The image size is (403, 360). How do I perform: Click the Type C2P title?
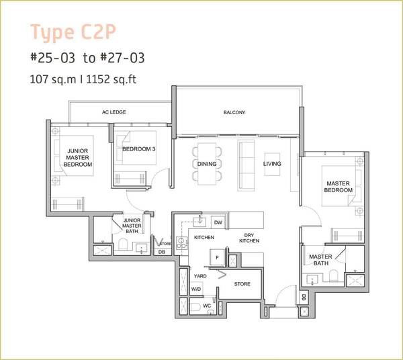click(73, 32)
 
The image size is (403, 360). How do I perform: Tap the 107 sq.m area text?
click(53, 79)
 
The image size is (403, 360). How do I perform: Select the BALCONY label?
click(234, 112)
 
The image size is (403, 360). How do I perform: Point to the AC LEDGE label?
click(114, 112)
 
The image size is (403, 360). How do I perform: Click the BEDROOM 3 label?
click(139, 149)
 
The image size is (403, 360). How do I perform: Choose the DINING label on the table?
click(207, 164)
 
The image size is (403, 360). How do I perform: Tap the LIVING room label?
click(272, 164)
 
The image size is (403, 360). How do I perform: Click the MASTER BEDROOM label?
click(339, 187)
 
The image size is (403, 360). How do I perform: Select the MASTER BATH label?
click(320, 260)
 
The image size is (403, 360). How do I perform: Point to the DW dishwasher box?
click(218, 222)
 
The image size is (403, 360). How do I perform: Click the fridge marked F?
click(217, 257)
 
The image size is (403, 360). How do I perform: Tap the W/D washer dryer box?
click(196, 289)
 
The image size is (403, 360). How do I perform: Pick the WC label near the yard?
click(207, 306)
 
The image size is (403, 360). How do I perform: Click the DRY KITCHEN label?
click(249, 238)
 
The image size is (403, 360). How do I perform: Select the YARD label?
click(200, 276)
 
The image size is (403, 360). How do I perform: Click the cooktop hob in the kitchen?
click(181, 243)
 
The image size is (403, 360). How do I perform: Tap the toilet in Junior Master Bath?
click(123, 244)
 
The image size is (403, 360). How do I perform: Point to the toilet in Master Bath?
click(333, 275)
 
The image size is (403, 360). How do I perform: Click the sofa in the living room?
click(247, 165)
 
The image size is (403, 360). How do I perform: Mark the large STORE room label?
click(242, 284)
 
